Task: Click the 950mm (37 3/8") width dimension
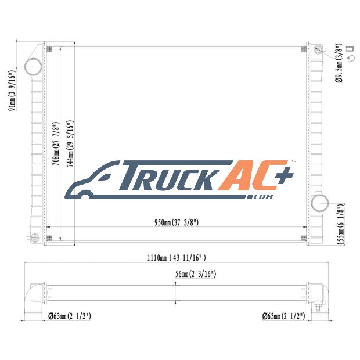click(177, 222)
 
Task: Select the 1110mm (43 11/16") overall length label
click(177, 258)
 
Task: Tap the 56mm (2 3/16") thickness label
click(196, 274)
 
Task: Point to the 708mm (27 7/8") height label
click(56, 143)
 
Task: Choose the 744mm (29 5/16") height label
click(70, 143)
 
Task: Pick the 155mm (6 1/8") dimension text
click(341, 225)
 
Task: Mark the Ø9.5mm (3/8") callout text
click(339, 63)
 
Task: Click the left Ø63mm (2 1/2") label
click(70, 316)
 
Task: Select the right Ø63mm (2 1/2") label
click(284, 316)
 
